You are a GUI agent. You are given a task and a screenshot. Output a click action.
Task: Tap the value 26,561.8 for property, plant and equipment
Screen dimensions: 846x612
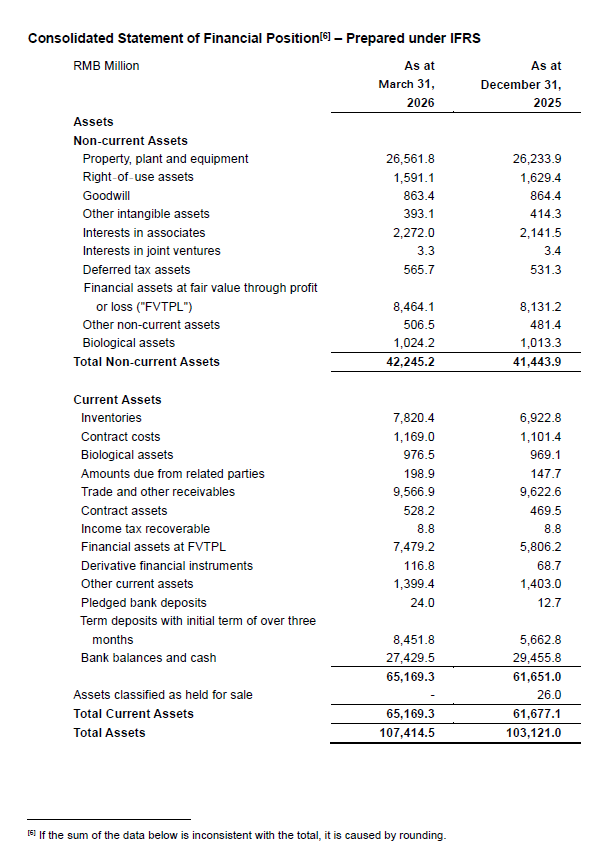click(x=410, y=159)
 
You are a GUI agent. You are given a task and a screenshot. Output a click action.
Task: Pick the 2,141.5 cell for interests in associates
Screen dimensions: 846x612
click(x=535, y=233)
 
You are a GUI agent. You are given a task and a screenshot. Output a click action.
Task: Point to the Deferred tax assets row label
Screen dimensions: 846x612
click(x=136, y=270)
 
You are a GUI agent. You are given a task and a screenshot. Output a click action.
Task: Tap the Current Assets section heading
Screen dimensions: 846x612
click(x=117, y=400)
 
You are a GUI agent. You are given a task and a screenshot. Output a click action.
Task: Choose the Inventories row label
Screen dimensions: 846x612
click(x=111, y=418)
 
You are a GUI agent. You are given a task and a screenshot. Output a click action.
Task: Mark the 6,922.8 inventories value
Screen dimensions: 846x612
click(x=535, y=418)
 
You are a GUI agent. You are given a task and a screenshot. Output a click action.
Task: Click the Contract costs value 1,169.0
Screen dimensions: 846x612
click(x=413, y=437)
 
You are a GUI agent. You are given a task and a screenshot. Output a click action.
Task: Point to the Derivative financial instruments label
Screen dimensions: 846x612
click(x=153, y=566)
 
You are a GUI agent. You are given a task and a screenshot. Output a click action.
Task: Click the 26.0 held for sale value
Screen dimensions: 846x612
click(x=547, y=695)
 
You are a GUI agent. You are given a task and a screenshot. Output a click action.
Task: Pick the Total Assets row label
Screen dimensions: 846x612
click(x=109, y=733)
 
